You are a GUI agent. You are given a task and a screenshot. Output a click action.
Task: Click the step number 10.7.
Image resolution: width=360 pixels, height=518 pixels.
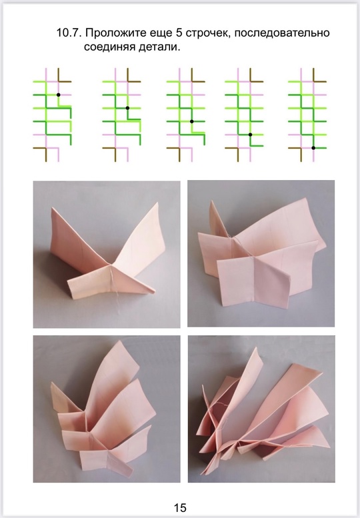(69, 33)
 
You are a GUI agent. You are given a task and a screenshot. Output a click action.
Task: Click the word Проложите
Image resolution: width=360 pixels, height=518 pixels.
(115, 33)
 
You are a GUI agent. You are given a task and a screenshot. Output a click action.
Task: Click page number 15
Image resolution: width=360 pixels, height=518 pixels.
(180, 507)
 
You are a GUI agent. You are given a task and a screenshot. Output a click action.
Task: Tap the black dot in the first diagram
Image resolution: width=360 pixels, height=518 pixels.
(59, 95)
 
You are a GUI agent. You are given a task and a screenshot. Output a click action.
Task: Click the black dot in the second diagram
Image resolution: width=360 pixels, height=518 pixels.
(127, 108)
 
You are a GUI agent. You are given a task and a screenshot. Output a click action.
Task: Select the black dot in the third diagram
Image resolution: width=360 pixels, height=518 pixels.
(191, 121)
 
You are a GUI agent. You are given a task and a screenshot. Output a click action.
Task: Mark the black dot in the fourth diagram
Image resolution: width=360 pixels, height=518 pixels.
(251, 135)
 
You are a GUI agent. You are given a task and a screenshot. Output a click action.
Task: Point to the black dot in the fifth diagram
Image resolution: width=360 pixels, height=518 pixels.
(313, 148)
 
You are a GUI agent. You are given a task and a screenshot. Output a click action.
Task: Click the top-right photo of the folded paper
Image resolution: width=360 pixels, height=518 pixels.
(261, 253)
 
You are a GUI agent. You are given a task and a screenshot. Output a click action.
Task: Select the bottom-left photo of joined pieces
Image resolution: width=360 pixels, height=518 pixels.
(107, 409)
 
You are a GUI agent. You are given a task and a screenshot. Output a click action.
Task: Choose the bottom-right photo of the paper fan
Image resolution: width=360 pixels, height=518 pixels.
(261, 409)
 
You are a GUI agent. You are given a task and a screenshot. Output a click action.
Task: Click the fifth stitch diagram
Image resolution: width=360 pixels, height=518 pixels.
(307, 115)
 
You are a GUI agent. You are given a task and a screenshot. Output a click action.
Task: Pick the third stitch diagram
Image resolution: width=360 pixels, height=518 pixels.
(185, 115)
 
